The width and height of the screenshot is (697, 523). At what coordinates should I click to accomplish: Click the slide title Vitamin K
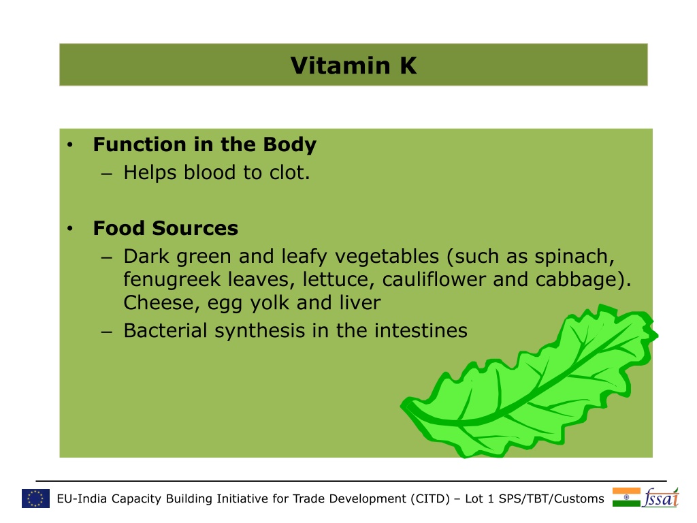click(354, 65)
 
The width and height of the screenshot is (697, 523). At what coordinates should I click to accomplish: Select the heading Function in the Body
click(205, 144)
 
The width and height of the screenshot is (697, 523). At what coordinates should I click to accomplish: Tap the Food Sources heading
click(166, 228)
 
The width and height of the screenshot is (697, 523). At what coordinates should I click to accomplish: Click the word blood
click(210, 172)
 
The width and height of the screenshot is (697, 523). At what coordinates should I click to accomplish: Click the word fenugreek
click(172, 280)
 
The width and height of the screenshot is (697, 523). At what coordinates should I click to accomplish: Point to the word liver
click(360, 302)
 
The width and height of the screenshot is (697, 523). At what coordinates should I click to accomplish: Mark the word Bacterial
click(165, 330)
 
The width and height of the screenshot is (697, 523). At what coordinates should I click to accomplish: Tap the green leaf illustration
click(529, 383)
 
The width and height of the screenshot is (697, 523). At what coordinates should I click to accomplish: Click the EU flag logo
click(35, 498)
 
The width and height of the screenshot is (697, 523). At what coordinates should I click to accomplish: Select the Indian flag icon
click(626, 497)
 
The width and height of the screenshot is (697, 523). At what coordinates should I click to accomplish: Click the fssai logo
click(661, 498)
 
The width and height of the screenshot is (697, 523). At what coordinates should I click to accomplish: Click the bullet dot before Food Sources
click(70, 229)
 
